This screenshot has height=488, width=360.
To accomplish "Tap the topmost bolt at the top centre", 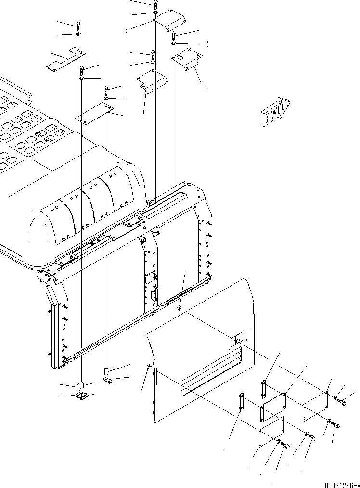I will pyautogui.click(x=155, y=5).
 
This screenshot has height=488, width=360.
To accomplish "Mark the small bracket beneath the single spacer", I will pyautogui.click(x=107, y=381).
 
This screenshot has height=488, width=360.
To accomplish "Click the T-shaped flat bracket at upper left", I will pyautogui.click(x=65, y=60).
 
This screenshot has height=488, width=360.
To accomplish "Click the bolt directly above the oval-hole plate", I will pyautogui.click(x=174, y=35).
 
